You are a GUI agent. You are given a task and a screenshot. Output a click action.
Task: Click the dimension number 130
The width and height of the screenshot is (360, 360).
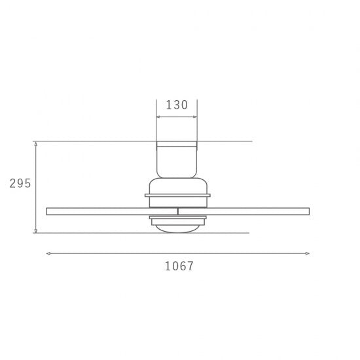coord(177,105)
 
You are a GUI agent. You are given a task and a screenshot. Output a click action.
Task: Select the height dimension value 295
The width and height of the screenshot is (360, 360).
coord(20,183)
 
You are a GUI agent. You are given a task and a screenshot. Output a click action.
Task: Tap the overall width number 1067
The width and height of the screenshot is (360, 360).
coord(178,266)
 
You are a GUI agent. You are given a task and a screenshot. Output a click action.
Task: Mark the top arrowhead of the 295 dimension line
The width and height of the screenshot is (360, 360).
coord(35,143)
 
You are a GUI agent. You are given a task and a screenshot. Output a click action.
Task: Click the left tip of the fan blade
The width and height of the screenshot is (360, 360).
coord(48,211)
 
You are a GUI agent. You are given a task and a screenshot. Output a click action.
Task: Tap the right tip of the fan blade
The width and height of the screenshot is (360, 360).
coord(308,211)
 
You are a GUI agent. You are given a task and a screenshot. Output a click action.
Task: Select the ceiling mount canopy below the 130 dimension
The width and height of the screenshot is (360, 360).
coord(177,157)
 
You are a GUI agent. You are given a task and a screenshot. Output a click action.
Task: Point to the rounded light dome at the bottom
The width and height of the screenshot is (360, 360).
coord(177,226)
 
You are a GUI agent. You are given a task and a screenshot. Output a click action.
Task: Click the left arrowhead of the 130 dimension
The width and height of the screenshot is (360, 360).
coord(158,117)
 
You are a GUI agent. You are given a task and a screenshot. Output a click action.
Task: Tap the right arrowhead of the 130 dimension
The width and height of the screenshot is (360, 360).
coord(195,117)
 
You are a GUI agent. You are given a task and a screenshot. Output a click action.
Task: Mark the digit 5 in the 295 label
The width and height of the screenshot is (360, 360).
coord(27,183)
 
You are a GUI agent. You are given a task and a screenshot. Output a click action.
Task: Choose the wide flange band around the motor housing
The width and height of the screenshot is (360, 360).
coord(177,194)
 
